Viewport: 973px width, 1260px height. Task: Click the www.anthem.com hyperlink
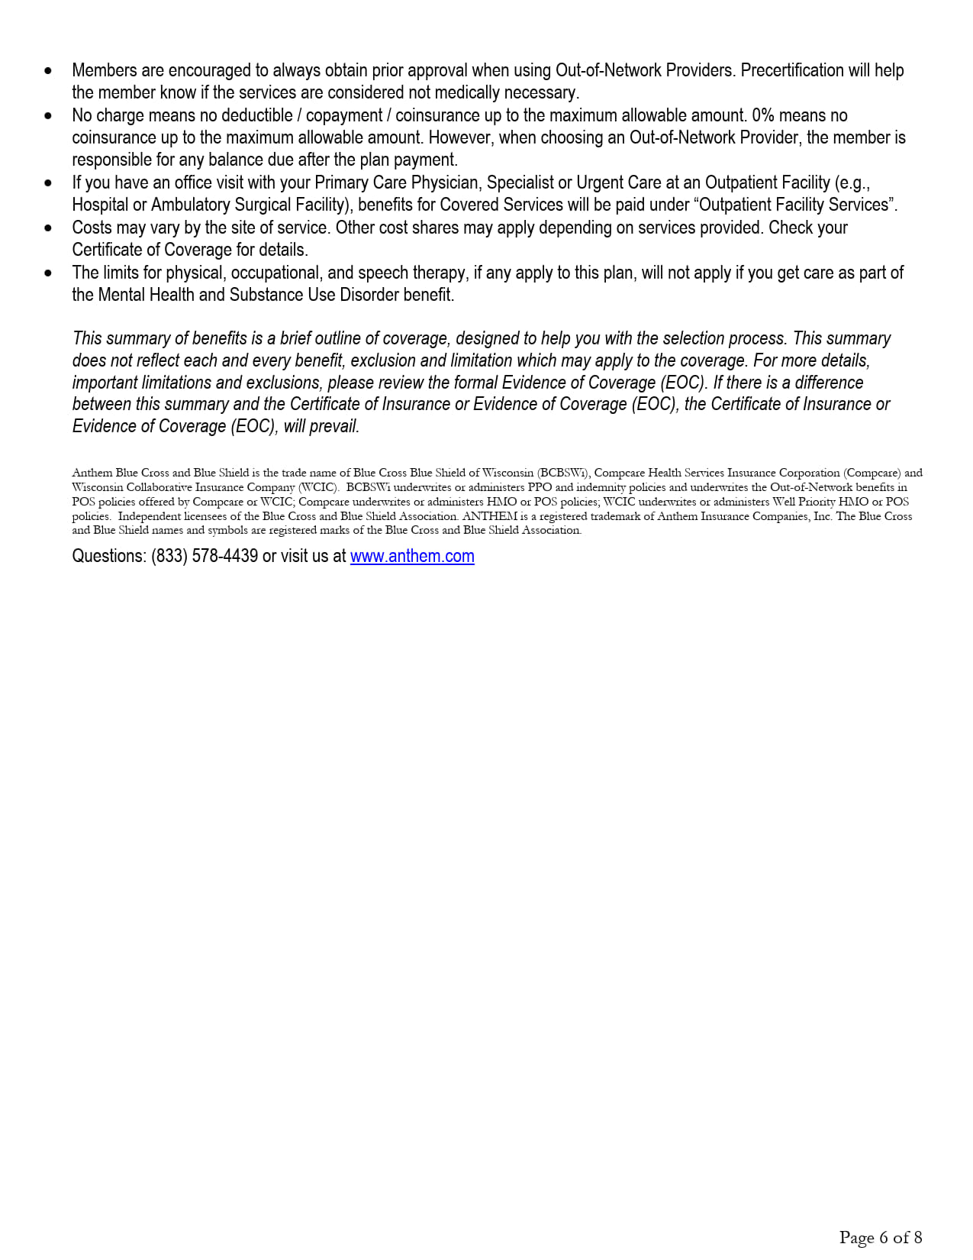coord(412,556)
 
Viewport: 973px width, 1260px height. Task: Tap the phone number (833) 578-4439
coord(205,556)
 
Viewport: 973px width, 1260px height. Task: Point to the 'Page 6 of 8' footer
coord(881,1237)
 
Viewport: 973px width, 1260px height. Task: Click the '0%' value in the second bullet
coord(763,115)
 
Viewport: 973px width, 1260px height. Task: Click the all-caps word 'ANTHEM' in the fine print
coord(490,516)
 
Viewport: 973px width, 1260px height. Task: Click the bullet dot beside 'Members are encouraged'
coord(49,71)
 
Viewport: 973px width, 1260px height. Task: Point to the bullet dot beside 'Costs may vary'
coord(49,228)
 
